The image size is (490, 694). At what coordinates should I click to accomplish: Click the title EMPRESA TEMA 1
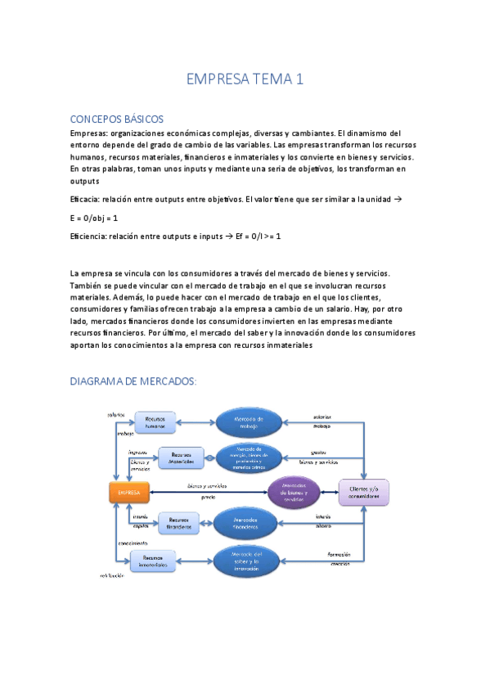[245, 79]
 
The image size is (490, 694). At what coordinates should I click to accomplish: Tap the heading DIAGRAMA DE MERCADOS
[133, 381]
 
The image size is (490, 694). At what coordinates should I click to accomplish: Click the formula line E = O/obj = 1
[94, 219]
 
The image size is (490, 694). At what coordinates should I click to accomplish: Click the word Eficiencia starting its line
[89, 236]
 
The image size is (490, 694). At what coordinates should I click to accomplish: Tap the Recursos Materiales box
[181, 459]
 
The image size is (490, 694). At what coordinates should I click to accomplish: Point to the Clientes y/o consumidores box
[365, 493]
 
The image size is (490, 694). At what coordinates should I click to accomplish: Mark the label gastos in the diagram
[318, 452]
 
